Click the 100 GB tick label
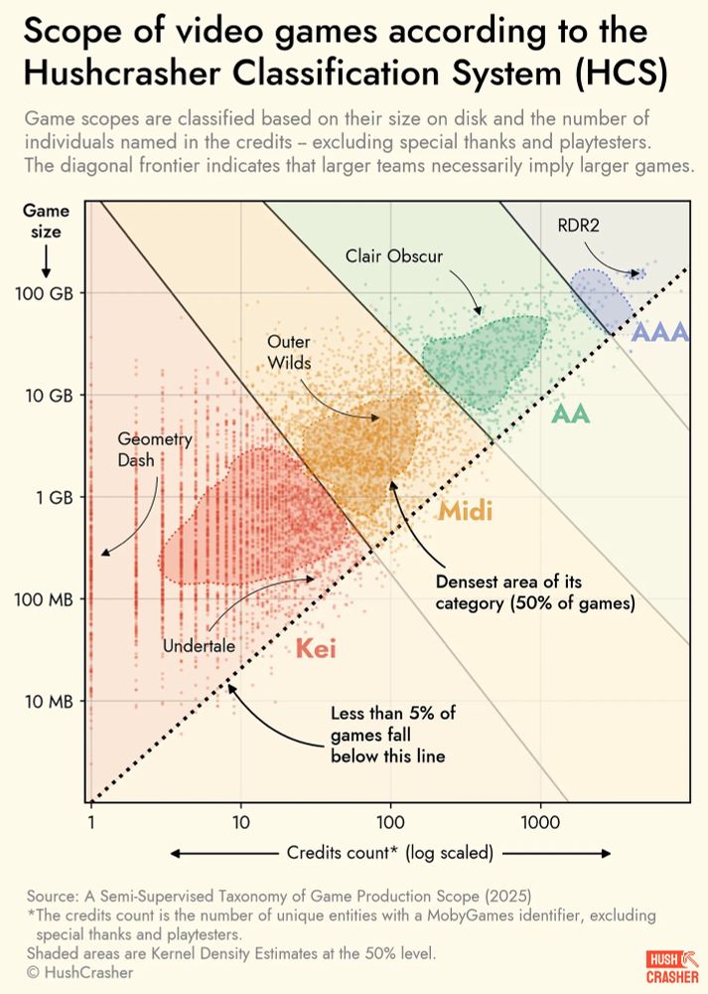tap(47, 293)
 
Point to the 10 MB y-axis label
tap(49, 702)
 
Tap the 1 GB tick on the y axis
tap(55, 497)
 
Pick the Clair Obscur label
tap(394, 255)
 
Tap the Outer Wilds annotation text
tap(289, 352)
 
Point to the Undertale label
tap(199, 646)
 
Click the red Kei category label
tap(316, 650)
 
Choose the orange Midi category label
tap(466, 512)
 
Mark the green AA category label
tap(571, 414)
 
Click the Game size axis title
tap(45, 222)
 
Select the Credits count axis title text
tap(392, 853)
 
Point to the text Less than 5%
tap(393, 715)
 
